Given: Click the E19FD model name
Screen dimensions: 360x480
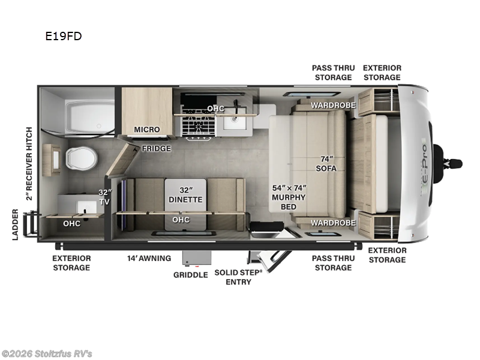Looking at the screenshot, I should pyautogui.click(x=63, y=36).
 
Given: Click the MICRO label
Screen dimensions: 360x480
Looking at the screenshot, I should pyautogui.click(x=146, y=130).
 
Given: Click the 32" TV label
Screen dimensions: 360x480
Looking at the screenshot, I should pyautogui.click(x=105, y=197).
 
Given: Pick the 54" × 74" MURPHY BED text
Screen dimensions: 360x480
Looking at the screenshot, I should pyautogui.click(x=289, y=197).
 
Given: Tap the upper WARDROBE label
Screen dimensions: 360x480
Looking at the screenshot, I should pyautogui.click(x=333, y=105).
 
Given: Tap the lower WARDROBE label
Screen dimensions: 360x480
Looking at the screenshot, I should pyautogui.click(x=333, y=223).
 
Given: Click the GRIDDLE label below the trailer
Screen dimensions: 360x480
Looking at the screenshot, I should pyautogui.click(x=190, y=274).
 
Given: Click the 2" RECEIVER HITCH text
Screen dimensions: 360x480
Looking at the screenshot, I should pyautogui.click(x=28, y=163).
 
